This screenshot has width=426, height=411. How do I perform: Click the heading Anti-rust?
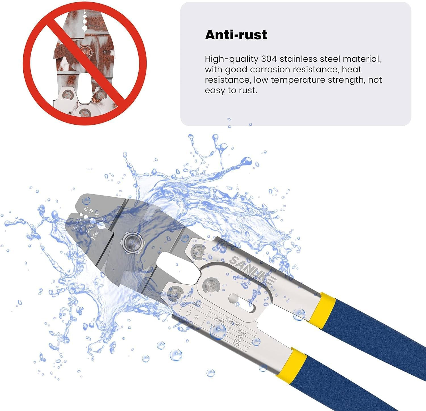click(x=236, y=35)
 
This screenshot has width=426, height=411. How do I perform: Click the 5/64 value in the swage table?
click(x=236, y=345)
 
